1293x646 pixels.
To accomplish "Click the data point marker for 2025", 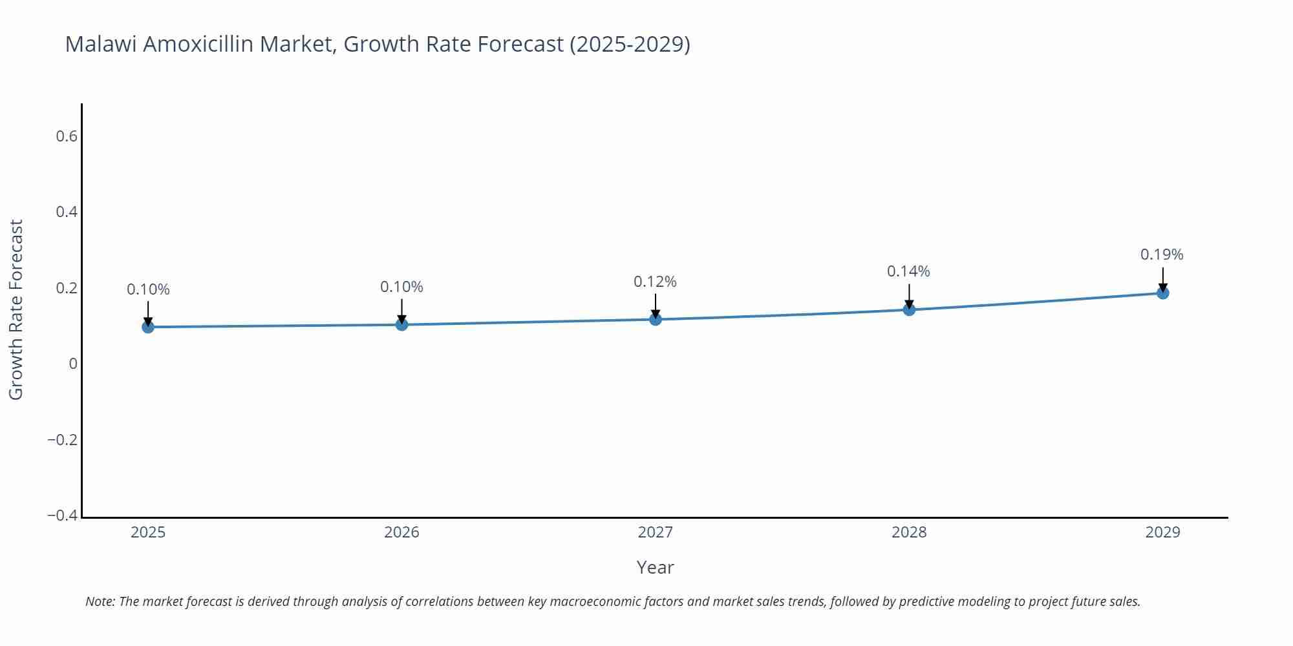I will [x=148, y=327].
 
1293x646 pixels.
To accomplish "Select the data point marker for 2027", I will [x=656, y=319].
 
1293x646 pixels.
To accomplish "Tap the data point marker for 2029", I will [x=1162, y=293].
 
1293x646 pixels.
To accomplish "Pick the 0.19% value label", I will [x=1162, y=255].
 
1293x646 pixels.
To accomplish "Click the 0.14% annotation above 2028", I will [x=908, y=271].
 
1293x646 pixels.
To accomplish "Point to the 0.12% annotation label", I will [x=655, y=282].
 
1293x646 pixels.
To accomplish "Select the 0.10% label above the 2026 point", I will [x=401, y=287].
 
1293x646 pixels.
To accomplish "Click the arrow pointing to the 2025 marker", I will [x=148, y=313].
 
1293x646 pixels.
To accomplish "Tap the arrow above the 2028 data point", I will [x=909, y=296].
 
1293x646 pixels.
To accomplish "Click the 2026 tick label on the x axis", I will [x=401, y=532].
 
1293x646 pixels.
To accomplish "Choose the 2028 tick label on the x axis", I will [x=909, y=532].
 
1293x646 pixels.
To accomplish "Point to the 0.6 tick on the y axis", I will [x=67, y=136].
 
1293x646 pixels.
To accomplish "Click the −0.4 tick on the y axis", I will [x=63, y=516].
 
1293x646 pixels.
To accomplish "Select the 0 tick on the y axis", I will [x=73, y=364].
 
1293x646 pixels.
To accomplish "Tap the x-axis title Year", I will [x=655, y=567].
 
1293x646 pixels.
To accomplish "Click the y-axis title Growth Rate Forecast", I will [x=16, y=309].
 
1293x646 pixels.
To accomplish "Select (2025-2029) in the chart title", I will [x=630, y=44].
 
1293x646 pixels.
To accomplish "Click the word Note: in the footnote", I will [x=100, y=601].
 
